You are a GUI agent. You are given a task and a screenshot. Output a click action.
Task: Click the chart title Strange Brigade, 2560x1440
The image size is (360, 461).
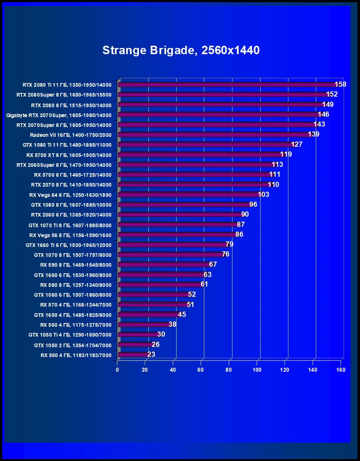pyautogui.click(x=181, y=50)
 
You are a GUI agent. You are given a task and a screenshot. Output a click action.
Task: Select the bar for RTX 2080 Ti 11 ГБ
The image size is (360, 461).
pyautogui.click(x=227, y=85)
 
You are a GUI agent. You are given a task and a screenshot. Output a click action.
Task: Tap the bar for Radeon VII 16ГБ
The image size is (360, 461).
pyautogui.click(x=214, y=135)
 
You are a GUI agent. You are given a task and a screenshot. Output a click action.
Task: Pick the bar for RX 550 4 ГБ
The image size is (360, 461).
pyautogui.click(x=133, y=355)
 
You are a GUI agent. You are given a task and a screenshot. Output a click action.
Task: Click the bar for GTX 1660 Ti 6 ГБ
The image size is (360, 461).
pyautogui.click(x=172, y=245)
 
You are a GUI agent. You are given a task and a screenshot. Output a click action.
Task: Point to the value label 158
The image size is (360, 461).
pyautogui.click(x=340, y=85)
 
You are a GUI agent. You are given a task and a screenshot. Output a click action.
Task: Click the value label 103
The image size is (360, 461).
pyautogui.click(x=264, y=194)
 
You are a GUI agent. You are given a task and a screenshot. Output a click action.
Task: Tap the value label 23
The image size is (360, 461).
pyautogui.click(x=151, y=354)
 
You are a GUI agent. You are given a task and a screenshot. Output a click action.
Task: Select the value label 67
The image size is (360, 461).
pyautogui.click(x=213, y=264)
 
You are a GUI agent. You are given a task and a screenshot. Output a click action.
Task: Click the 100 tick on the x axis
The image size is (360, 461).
pyautogui.click(x=257, y=370)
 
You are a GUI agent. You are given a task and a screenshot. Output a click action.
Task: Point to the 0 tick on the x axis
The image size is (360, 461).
pyautogui.click(x=117, y=370)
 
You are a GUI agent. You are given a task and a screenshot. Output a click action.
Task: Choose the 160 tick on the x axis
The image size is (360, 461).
pyautogui.click(x=341, y=370)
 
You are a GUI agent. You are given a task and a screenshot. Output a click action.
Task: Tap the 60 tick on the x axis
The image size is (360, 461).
pyautogui.click(x=201, y=370)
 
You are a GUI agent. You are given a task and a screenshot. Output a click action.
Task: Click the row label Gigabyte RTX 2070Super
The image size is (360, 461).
pyautogui.click(x=59, y=115)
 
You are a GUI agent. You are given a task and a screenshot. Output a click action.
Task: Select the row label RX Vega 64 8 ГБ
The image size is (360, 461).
pyautogui.click(x=70, y=195)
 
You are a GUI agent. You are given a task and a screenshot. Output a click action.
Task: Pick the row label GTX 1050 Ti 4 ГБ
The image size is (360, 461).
pyautogui.click(x=70, y=335)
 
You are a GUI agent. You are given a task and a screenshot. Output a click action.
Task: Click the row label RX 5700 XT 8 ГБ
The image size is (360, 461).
pyautogui.click(x=69, y=155)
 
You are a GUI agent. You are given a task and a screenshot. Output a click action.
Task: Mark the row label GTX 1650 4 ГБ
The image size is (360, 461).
pyautogui.click(x=73, y=315)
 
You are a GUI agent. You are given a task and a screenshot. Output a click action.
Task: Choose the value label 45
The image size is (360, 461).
pyautogui.click(x=182, y=314)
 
